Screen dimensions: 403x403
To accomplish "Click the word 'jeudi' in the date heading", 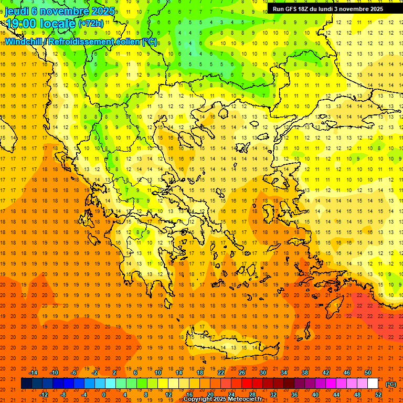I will click(17, 11).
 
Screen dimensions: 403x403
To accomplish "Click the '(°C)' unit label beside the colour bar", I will click(391, 384).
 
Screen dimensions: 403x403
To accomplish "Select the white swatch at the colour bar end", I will click(373, 384).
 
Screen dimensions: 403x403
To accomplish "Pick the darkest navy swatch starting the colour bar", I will click(26, 384).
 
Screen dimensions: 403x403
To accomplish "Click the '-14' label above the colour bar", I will click(35, 373).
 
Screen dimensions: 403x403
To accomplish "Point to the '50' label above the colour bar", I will click(367, 373).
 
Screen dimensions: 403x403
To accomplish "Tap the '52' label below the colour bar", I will click(378, 395).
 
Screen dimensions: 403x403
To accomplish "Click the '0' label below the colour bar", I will click(104, 395).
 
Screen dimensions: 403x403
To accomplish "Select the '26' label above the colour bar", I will click(242, 373).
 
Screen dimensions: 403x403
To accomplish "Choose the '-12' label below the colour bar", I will click(44, 395).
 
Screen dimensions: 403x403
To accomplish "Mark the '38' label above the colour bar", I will click(304, 373).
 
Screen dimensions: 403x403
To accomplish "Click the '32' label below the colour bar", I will click(273, 395).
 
